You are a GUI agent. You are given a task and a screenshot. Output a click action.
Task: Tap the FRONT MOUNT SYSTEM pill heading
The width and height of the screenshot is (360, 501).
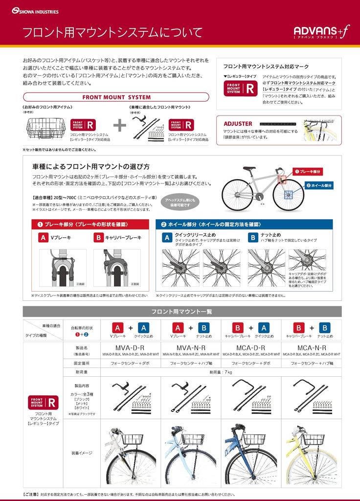tap(116, 97)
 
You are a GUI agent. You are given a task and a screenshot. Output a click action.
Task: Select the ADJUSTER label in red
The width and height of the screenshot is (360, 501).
tap(238, 124)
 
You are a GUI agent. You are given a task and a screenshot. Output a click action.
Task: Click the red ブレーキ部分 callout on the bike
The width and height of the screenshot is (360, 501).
tap(307, 172)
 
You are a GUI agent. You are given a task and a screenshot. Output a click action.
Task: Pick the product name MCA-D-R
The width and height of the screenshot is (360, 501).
tap(251, 347)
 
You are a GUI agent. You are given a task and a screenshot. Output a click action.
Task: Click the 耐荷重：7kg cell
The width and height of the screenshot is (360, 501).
tap(221, 372)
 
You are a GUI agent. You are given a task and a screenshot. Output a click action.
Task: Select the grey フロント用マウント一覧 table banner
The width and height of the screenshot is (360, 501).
tap(182, 312)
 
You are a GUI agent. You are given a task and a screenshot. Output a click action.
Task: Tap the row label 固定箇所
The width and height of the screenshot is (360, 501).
tap(81, 364)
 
